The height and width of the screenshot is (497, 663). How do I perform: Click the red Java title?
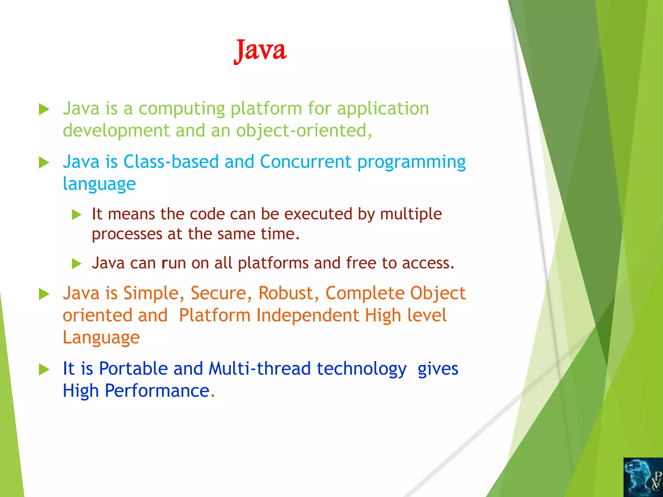(x=260, y=50)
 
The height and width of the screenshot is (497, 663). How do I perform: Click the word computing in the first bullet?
(x=182, y=109)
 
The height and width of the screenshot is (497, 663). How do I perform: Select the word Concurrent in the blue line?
(x=305, y=161)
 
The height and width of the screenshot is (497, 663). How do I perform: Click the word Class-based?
(x=171, y=161)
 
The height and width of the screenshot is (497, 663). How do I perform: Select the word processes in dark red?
(x=127, y=234)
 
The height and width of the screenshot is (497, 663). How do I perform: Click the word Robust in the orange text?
(x=286, y=293)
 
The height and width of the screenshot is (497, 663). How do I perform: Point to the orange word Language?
(x=101, y=337)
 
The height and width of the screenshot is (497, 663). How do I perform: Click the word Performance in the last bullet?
(x=157, y=391)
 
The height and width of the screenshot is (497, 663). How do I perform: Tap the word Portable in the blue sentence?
(x=133, y=369)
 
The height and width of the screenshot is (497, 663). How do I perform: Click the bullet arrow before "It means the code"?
(x=76, y=215)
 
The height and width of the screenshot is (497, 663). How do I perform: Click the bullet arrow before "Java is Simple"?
(x=44, y=294)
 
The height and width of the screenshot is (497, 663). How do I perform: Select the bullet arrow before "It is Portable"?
(x=44, y=369)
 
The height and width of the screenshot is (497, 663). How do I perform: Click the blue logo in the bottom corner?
(x=643, y=477)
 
